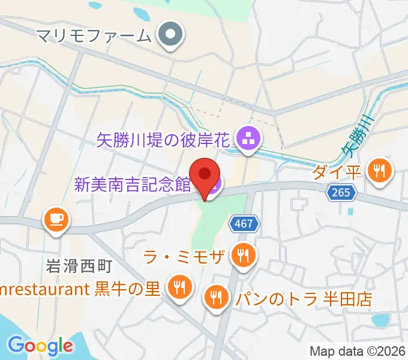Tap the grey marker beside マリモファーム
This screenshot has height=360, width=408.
click(171, 35)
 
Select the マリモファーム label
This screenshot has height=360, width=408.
click(93, 35)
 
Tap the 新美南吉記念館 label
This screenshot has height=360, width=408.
click(132, 184)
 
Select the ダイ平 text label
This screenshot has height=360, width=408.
click(337, 173)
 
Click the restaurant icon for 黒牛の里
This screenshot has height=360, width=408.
click(179, 287)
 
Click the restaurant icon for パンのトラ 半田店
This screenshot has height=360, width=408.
click(217, 298)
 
